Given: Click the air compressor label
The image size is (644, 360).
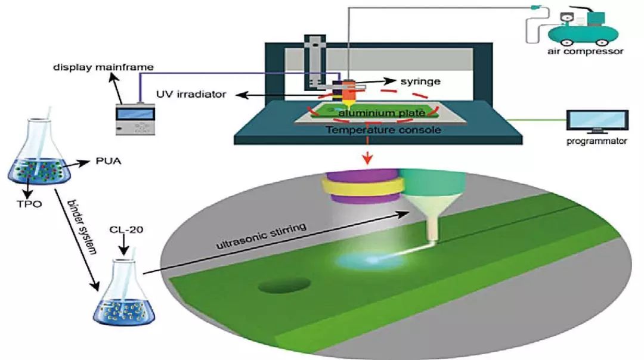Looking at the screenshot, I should click(x=586, y=51).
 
